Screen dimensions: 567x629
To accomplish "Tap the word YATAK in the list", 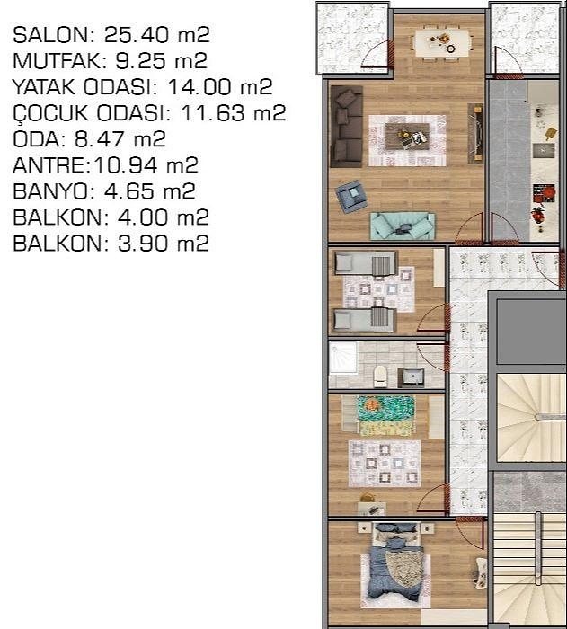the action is pos(44,87).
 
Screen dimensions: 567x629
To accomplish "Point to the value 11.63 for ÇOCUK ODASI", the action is pos(213,113).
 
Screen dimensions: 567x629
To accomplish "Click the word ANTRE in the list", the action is pos(49,165).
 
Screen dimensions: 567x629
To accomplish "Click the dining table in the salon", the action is pos(442,42).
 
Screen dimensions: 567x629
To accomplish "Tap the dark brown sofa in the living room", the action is pos(346,126).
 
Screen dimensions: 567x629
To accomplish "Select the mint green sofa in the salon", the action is pos(403,226).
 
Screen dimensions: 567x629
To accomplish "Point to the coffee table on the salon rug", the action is pos(407,137).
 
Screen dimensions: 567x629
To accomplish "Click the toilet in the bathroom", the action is pos(380,377).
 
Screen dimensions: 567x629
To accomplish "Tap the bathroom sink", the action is pos(412,377).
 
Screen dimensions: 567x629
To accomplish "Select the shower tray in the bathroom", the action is pos(343,358).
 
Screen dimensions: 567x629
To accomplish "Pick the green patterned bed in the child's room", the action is pos(385,416).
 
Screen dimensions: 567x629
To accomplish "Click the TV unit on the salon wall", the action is pos(476,133).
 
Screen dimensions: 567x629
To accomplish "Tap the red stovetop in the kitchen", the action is pos(544,193).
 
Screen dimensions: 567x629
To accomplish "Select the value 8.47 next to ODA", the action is pos(99,139).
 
